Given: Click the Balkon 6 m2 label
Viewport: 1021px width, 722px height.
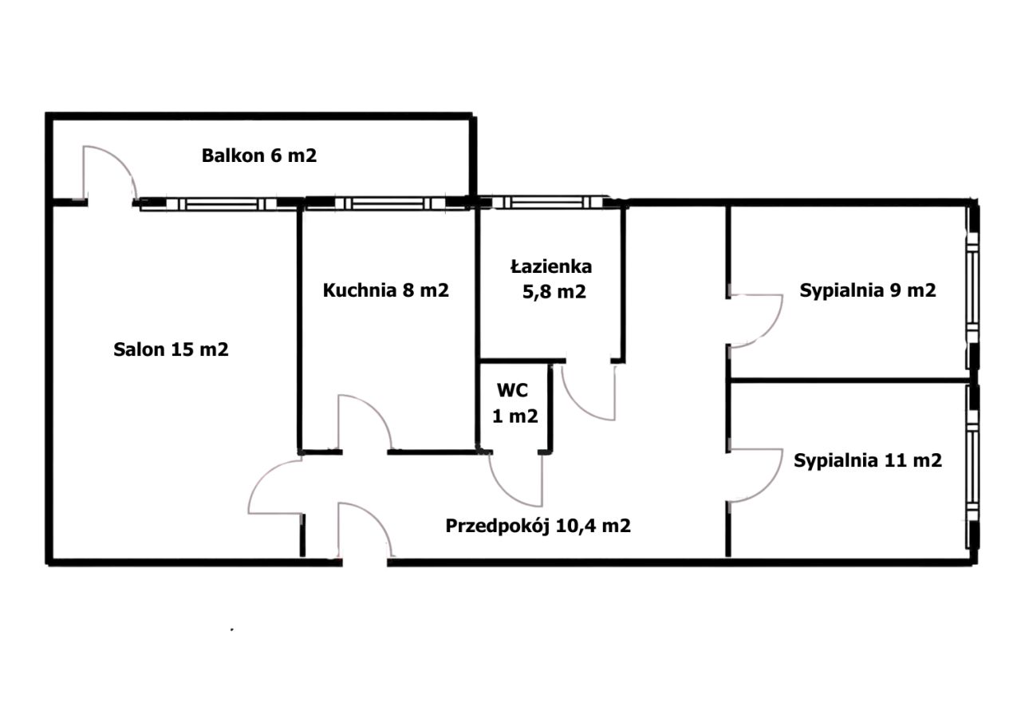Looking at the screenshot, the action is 259,156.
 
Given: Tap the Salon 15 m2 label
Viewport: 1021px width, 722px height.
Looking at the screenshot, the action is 171,349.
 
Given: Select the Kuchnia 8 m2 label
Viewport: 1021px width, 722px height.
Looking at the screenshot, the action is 385,290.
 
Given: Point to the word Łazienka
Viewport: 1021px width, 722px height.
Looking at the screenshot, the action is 551,266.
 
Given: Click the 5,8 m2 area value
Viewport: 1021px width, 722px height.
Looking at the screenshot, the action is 554,292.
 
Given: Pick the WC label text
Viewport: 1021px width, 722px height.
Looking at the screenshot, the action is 512,390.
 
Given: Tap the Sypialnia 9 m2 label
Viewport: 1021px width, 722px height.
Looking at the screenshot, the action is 867,290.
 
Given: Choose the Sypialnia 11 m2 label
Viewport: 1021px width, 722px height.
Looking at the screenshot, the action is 867,460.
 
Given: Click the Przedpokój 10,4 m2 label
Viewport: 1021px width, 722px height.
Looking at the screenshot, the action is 538,526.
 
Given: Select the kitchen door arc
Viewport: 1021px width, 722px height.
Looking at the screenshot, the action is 377,410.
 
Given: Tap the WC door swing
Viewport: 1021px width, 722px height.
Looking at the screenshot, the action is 506,491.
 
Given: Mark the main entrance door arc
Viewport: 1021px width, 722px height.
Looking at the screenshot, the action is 377,519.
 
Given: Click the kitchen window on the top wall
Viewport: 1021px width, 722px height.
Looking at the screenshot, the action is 388,203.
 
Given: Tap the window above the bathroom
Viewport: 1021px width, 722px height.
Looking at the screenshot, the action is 547,203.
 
